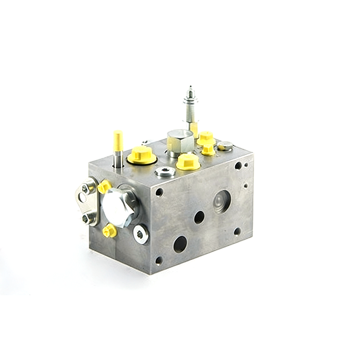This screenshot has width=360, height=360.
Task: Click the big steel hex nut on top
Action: (180, 140)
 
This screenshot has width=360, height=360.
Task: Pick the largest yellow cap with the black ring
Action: (142, 155)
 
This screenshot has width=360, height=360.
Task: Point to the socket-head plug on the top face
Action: (165, 171)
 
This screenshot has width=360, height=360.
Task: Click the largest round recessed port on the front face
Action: (221, 201)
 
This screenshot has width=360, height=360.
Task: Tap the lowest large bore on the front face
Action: (180, 244)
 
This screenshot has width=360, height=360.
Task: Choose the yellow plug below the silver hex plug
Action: (109, 231)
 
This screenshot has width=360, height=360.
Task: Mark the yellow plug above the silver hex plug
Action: (104, 186)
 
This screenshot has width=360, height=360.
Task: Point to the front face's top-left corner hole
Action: (159, 192)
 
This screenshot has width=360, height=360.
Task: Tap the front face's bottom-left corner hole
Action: (158, 261)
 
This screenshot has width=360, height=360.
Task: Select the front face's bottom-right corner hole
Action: (237, 231)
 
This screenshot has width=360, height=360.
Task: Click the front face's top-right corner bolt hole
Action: (238, 166)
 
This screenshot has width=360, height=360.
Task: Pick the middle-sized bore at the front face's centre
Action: (199, 217)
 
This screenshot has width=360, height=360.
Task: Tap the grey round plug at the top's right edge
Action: (225, 146)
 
